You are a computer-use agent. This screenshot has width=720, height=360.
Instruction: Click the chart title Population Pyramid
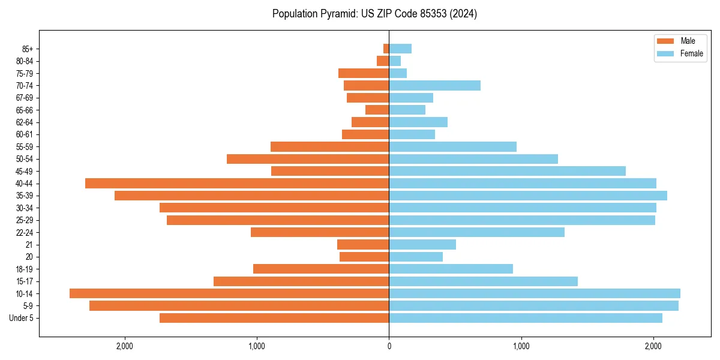coord(374,14)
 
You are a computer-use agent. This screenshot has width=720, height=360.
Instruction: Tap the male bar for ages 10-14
coord(229,293)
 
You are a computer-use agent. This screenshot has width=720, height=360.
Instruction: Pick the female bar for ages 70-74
coord(434,86)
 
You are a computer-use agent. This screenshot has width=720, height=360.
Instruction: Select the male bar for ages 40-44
coord(237,183)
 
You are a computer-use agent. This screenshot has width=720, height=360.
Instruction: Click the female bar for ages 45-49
coord(507,171)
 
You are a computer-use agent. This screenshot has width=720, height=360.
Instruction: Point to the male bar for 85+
coord(386,49)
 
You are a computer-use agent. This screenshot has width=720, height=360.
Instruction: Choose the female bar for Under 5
coord(526,318)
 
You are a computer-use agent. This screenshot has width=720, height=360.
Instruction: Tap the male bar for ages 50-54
coord(308,159)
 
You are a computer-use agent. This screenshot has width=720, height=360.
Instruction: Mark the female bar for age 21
coord(422,245)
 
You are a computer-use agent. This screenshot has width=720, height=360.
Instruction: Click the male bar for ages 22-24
coord(320,232)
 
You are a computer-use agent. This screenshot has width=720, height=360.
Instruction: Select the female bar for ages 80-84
coord(395,61)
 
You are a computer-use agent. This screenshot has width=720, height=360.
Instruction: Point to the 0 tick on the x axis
coord(389,346)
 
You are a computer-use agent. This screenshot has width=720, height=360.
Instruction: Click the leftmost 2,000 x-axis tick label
coord(125,346)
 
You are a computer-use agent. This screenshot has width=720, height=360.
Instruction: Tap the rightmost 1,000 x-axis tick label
coord(521,346)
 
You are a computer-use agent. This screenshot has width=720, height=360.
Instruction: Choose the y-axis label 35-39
coord(25,196)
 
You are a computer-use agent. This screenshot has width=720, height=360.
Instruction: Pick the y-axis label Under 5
coord(22,318)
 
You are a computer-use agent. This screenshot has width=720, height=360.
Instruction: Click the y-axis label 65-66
coord(25,110)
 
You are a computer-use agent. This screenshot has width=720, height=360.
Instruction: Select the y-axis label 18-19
coord(25,269)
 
